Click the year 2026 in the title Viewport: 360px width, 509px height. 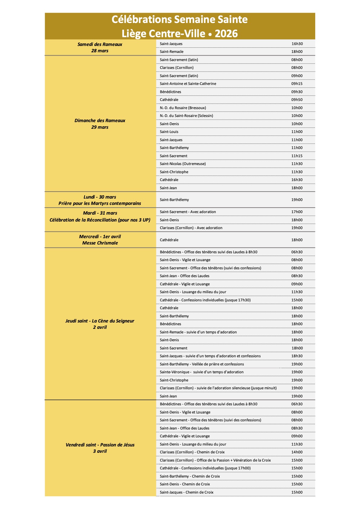[x=226, y=33]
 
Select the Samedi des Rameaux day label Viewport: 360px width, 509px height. [x=100, y=44]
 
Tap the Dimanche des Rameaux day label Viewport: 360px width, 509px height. [x=100, y=121]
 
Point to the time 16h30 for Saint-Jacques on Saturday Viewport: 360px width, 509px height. [x=297, y=44]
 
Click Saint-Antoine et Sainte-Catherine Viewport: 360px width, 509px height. [x=188, y=84]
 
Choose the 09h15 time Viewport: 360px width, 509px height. [x=297, y=84]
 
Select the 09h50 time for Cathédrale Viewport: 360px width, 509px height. [x=297, y=100]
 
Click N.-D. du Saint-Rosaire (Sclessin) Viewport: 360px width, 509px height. [x=186, y=116]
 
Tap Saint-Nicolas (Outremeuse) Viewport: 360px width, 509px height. [x=183, y=164]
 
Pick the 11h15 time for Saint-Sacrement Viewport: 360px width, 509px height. [x=297, y=156]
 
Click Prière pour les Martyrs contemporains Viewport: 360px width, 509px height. [x=100, y=203]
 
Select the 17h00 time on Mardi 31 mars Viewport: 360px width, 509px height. [x=297, y=212]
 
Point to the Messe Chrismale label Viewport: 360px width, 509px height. [x=100, y=243]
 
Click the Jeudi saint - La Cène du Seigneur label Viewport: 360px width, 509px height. [x=100, y=321]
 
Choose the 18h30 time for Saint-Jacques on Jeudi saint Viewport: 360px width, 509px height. [x=297, y=356]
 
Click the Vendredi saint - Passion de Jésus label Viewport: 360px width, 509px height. [x=100, y=445]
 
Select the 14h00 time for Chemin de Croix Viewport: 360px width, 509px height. [x=297, y=452]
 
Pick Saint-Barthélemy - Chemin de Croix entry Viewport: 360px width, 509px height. [x=190, y=476]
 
